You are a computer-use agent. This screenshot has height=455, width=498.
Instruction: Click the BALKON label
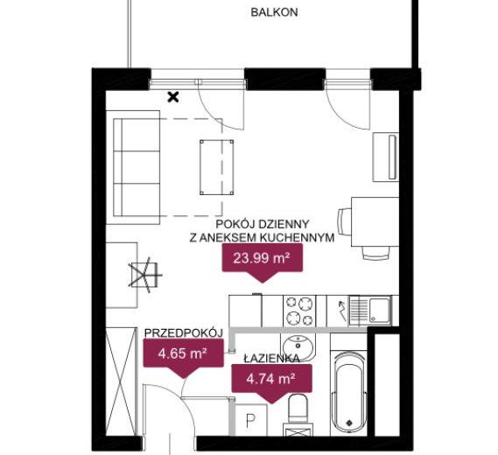pyautogui.click(x=274, y=12)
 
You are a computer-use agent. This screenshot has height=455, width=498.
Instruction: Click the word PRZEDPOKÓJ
pyautogui.click(x=183, y=332)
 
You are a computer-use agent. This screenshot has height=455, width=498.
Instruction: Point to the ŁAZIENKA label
pyautogui.click(x=272, y=359)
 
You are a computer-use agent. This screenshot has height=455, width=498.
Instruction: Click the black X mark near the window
pyautogui.click(x=173, y=97)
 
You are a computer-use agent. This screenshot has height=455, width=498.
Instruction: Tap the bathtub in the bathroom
pyautogui.click(x=348, y=392)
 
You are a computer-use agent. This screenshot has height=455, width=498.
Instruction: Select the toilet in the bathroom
pyautogui.click(x=298, y=409)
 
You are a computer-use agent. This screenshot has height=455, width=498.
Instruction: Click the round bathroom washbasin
pyautogui.click(x=298, y=346)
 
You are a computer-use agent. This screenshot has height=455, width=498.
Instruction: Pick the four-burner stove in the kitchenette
pyautogui.click(x=299, y=311)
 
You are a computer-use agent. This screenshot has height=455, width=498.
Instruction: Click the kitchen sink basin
pyautogui.click(x=380, y=310)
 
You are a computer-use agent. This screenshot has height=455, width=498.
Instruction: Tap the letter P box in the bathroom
pyautogui.click(x=251, y=420)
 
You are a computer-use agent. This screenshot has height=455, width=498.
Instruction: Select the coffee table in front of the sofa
pyautogui.click(x=216, y=167)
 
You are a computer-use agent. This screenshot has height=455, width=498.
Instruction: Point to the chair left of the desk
pyautogui.click(x=344, y=221)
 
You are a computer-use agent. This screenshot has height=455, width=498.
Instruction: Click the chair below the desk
pyautogui.click(x=376, y=252)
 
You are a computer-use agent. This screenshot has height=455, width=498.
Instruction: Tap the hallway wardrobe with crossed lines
pyautogui.click(x=121, y=382)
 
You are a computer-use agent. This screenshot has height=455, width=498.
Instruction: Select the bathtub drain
pyautogui.click(x=349, y=423)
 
